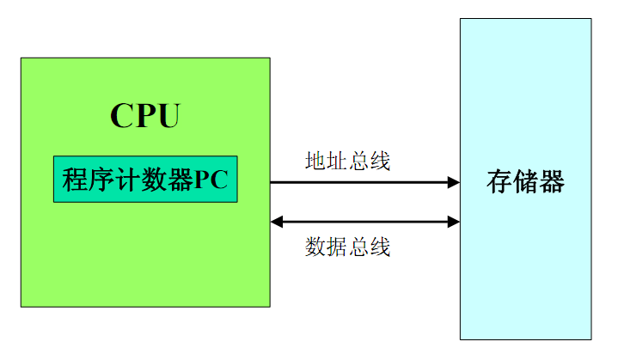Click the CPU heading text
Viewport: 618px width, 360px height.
pyautogui.click(x=145, y=116)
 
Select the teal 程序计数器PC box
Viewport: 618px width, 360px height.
pyautogui.click(x=145, y=180)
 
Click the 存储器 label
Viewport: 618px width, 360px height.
pyautogui.click(x=525, y=182)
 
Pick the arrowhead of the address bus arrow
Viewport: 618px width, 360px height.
pyautogui.click(x=453, y=182)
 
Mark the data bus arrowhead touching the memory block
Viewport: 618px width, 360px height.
pyautogui.click(x=453, y=222)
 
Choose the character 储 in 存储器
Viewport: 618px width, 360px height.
pyautogui.click(x=525, y=182)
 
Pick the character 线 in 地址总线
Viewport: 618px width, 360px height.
pyautogui.click(x=381, y=161)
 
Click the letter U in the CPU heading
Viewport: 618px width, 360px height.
pyautogui.click(x=168, y=116)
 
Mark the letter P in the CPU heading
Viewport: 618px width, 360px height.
pyautogui.click(x=145, y=116)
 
